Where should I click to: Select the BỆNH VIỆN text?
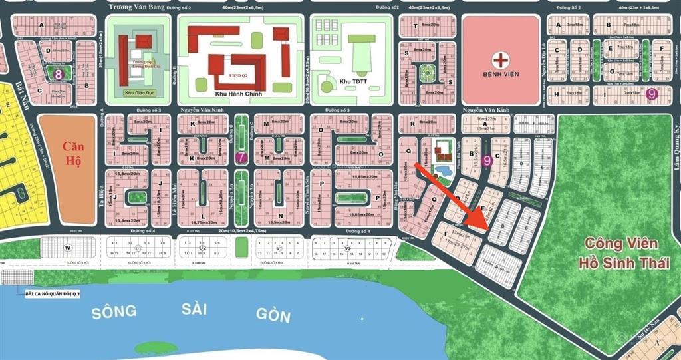pyautogui.click(x=501, y=73)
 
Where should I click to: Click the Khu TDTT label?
pyautogui.click(x=354, y=81)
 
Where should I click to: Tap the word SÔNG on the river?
pyautogui.click(x=114, y=311)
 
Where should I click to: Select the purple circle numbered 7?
pyautogui.click(x=241, y=158)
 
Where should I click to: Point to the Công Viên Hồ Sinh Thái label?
pyautogui.click(x=623, y=252)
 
